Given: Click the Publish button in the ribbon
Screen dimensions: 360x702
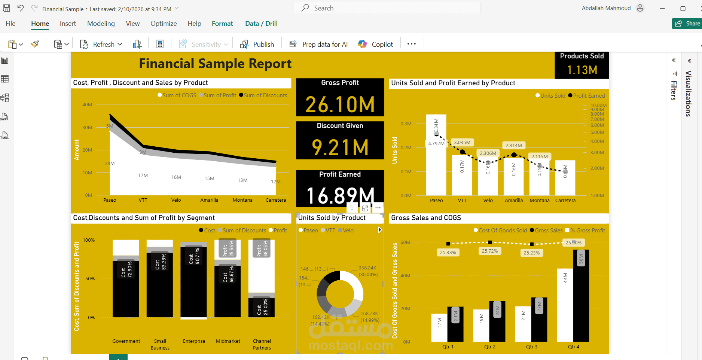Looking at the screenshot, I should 257,44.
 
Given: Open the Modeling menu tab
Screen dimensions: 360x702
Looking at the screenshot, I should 101,24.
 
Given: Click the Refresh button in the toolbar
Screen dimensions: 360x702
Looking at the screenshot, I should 101,44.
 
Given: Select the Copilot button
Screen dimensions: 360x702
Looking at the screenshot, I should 376,44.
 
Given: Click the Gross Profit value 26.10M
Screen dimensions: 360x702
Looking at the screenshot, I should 340,104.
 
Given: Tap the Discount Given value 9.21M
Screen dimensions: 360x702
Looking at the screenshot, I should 340,147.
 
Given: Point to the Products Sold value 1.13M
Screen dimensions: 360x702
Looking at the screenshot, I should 582,70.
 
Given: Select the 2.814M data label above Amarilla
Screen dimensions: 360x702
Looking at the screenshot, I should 513,145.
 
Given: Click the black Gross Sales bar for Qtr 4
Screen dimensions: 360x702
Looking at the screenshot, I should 581,299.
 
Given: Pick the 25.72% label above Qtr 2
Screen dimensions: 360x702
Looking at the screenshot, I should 490,251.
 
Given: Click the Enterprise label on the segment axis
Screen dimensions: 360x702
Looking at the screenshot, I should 194,341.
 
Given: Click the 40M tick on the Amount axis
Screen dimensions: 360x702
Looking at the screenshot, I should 87,105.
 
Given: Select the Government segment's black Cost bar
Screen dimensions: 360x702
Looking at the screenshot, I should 126,292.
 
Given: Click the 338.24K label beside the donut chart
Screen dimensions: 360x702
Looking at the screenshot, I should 367,268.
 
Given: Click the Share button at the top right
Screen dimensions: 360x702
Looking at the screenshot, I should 687,24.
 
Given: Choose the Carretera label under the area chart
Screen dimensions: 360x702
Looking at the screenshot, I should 276,200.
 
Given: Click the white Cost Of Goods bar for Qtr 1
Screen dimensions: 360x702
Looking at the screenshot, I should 439,328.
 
